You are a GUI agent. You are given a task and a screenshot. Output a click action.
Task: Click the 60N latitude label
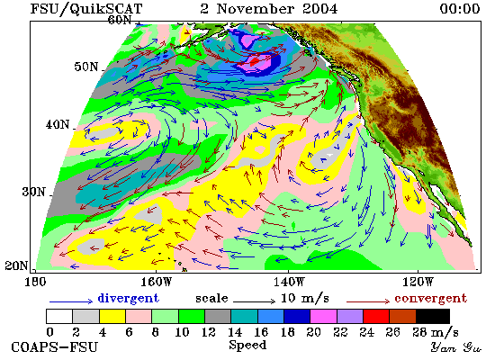click(x=120, y=20)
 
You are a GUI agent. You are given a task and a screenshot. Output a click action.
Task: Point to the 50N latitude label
click(x=85, y=67)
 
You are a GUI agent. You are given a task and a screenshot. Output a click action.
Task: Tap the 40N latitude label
click(x=58, y=124)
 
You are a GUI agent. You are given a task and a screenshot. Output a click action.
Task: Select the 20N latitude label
click(x=16, y=265)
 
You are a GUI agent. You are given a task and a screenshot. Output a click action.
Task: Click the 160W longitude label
click(x=156, y=282)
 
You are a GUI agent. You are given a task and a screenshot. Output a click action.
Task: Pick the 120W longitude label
click(x=418, y=282)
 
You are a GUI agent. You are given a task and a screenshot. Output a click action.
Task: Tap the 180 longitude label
click(x=35, y=282)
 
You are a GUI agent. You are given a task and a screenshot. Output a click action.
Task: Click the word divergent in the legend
click(x=128, y=298)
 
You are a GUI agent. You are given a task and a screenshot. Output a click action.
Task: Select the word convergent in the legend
click(x=430, y=298)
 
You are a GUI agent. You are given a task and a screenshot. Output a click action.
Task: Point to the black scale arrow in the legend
click(x=254, y=301)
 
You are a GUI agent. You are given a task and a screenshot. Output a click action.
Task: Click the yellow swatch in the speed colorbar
click(x=112, y=317)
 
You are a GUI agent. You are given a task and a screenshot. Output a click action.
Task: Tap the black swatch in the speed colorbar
click(x=433, y=317)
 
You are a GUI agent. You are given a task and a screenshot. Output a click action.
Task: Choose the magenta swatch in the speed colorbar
click(x=324, y=317)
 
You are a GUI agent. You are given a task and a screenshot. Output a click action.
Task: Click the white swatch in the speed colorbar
click(x=59, y=317)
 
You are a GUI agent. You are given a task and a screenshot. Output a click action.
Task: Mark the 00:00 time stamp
click(x=460, y=8)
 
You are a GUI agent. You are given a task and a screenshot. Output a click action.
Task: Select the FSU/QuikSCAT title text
click(x=86, y=9)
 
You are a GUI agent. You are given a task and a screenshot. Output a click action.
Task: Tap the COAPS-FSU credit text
click(x=54, y=346)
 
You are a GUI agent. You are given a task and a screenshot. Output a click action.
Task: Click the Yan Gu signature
click(x=456, y=347)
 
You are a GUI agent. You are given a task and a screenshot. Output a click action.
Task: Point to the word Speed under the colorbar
click(x=247, y=345)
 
